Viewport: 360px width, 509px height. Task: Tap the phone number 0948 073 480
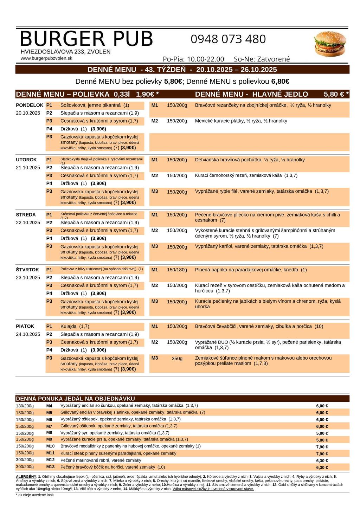pyautogui.click(x=228, y=39)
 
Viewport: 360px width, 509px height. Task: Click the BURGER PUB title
pyautogui.click(x=86, y=39)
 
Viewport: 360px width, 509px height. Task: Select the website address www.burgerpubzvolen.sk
pyautogui.click(x=46, y=58)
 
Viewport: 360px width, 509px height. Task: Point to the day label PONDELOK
pyautogui.click(x=30, y=105)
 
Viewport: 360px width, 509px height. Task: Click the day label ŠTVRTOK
pyautogui.click(x=27, y=270)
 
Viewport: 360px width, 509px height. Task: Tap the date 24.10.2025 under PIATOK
pyautogui.click(x=28, y=334)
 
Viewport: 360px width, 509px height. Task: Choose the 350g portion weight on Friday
pyautogui.click(x=177, y=359)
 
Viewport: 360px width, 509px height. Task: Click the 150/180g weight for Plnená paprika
pyautogui.click(x=177, y=270)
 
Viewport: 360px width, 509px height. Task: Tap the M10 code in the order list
pyautogui.click(x=50, y=446)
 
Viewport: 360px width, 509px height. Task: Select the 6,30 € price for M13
pyautogui.click(x=322, y=468)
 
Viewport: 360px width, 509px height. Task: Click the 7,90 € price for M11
pyautogui.click(x=322, y=454)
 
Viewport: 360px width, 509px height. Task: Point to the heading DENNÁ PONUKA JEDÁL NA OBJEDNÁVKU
pyautogui.click(x=76, y=399)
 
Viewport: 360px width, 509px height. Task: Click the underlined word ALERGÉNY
pyautogui.click(x=26, y=476)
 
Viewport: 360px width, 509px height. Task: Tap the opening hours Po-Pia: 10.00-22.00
pyautogui.click(x=193, y=59)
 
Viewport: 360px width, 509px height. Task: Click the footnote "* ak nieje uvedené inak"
pyautogui.click(x=35, y=495)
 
